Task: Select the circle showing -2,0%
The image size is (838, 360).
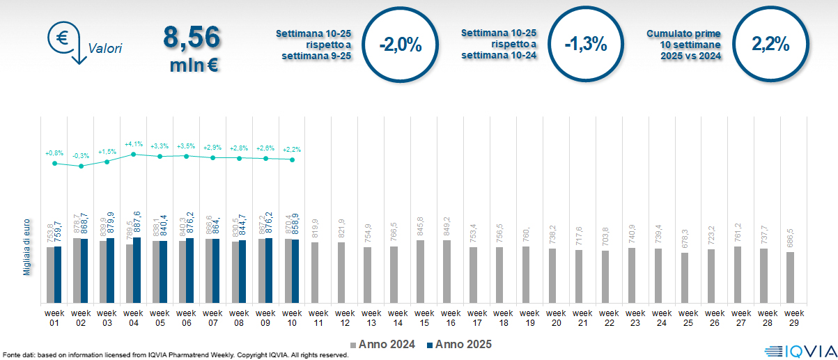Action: point(401,45)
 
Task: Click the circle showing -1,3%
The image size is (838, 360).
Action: point(586,45)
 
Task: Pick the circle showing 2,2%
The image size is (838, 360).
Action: point(770,45)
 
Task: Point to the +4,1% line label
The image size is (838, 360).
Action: point(134,144)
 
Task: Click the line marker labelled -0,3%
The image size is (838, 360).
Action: point(81,166)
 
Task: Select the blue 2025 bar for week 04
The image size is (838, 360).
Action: point(137,269)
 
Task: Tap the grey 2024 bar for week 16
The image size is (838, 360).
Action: point(447,272)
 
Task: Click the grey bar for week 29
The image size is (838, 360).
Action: point(790,277)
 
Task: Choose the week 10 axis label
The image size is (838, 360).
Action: point(292,317)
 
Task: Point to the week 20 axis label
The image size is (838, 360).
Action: point(555,317)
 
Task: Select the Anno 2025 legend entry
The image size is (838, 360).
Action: point(459,344)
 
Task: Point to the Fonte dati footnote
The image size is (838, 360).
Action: point(174,355)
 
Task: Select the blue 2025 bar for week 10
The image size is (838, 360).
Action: point(295,271)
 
